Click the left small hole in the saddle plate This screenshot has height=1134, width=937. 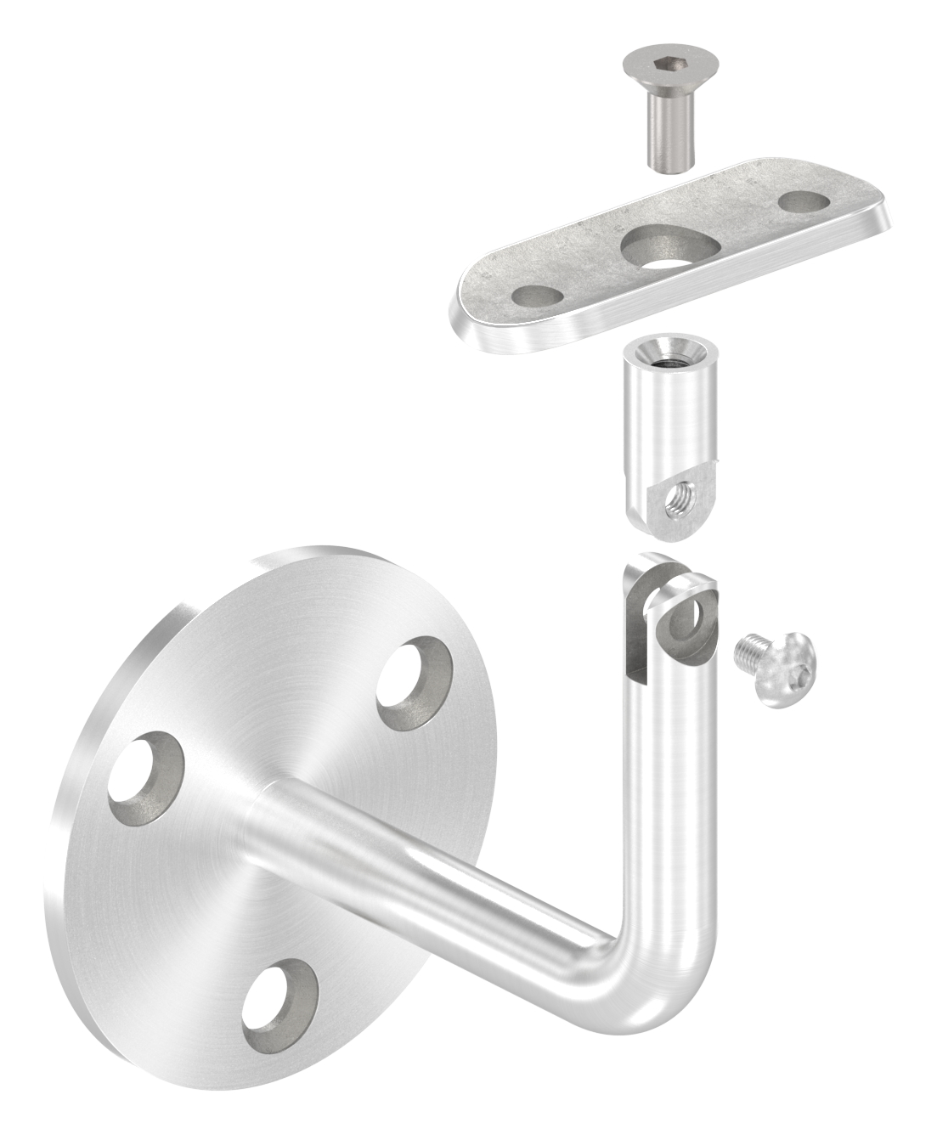click(537, 296)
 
